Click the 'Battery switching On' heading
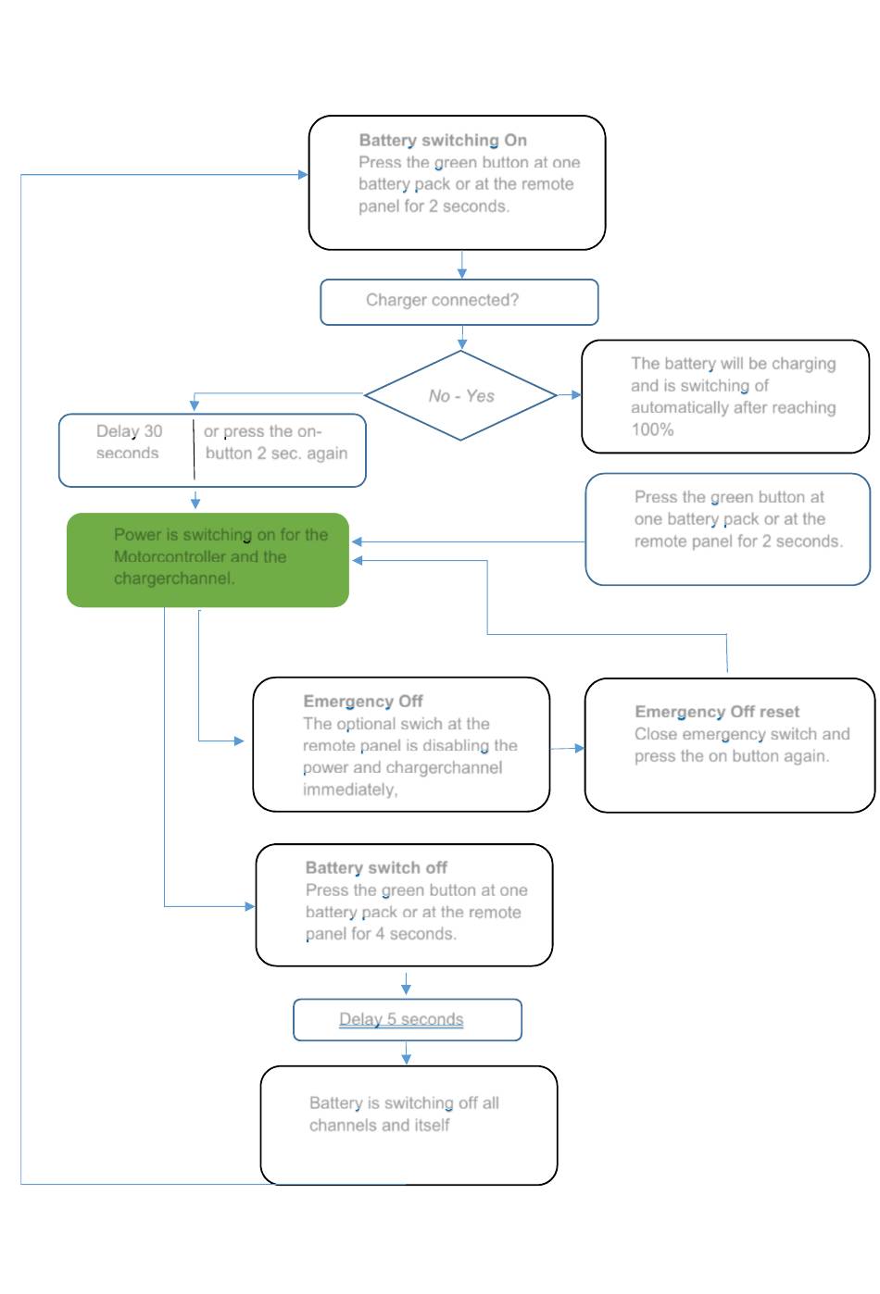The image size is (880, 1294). tap(442, 141)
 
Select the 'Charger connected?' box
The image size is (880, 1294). tap(459, 302)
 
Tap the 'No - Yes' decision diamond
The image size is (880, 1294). tap(460, 395)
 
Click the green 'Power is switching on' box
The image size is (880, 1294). tap(207, 559)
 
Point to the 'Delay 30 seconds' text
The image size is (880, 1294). tap(129, 442)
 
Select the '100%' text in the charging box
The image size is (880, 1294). tap(652, 429)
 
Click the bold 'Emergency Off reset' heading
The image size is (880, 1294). tap(716, 711)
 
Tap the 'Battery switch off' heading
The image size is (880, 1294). tap(376, 867)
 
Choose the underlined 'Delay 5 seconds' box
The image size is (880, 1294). tap(407, 1019)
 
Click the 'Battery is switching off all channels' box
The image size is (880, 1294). tap(409, 1125)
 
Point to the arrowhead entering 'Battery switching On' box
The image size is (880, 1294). tap(303, 174)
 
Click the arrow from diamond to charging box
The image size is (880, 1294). tap(569, 395)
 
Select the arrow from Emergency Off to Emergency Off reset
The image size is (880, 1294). tap(567, 748)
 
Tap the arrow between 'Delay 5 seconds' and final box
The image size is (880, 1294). tap(407, 1052)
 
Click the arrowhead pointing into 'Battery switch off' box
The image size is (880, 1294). tap(250, 906)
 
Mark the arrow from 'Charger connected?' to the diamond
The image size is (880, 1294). tap(462, 337)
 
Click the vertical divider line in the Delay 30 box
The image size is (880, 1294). tap(194, 450)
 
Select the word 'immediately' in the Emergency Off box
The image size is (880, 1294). tap(350, 790)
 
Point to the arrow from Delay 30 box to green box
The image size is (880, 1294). tap(195, 500)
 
